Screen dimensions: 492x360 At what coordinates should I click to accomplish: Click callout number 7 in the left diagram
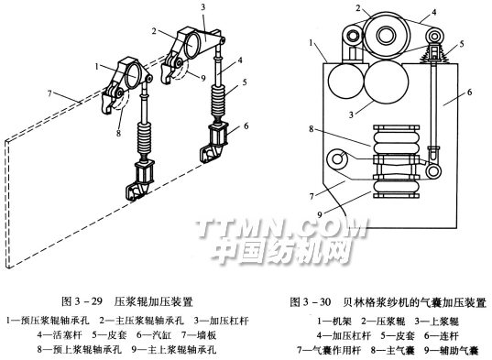click(49, 93)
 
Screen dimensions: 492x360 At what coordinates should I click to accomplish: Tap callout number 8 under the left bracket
click(118, 133)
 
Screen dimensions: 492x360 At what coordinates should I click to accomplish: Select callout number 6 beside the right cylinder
click(246, 126)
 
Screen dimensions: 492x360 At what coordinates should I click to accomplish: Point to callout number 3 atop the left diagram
click(203, 7)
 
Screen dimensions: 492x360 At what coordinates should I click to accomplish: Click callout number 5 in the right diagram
click(462, 43)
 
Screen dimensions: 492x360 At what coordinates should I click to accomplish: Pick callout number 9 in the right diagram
click(320, 214)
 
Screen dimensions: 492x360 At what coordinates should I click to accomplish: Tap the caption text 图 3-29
click(82, 301)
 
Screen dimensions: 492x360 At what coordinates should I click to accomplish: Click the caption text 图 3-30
click(311, 302)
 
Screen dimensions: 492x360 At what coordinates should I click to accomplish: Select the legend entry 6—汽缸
click(154, 335)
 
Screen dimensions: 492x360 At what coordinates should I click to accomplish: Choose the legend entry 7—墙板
click(199, 335)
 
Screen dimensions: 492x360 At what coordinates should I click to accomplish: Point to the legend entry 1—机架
click(334, 322)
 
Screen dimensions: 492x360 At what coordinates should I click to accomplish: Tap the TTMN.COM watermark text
click(282, 227)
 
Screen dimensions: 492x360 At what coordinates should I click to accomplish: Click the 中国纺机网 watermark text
click(282, 252)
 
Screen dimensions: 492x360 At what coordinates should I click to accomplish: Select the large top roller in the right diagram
click(387, 35)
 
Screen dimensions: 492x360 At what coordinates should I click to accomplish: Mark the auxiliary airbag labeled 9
click(397, 186)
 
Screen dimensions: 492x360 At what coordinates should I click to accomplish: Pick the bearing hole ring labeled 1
click(134, 76)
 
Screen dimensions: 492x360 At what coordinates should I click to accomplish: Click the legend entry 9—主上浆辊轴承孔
click(174, 349)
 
